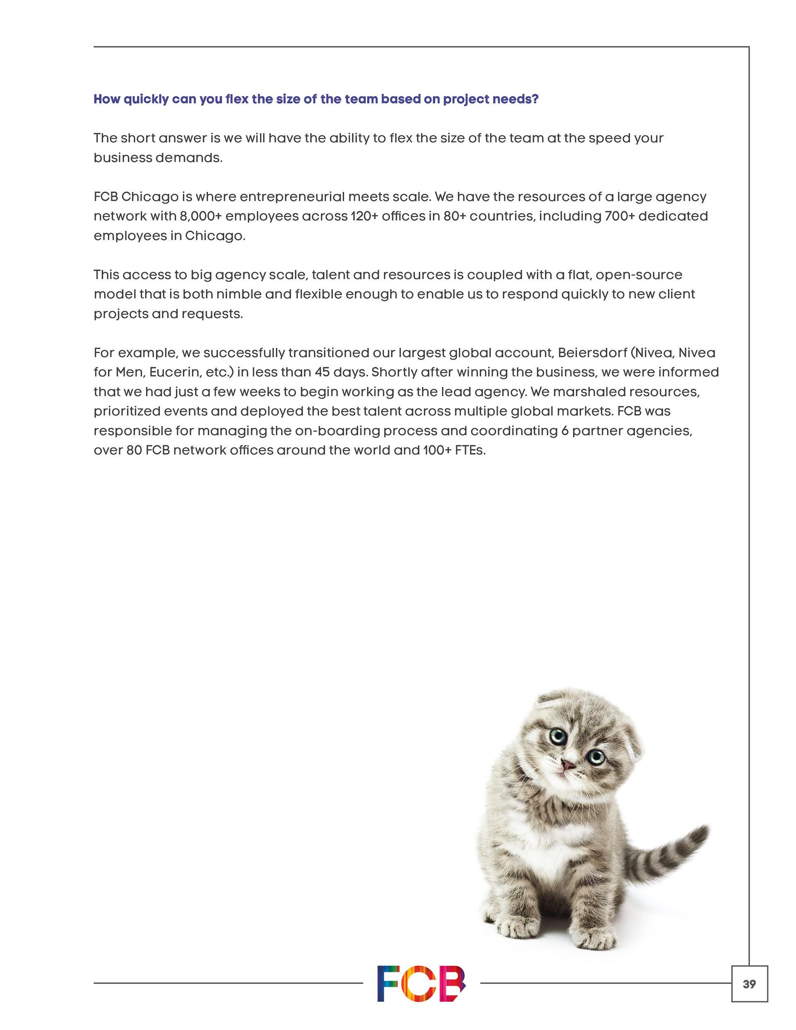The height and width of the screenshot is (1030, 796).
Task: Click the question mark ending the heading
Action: pyautogui.click(x=535, y=99)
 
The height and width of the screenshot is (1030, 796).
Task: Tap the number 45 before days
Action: pyautogui.click(x=322, y=372)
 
